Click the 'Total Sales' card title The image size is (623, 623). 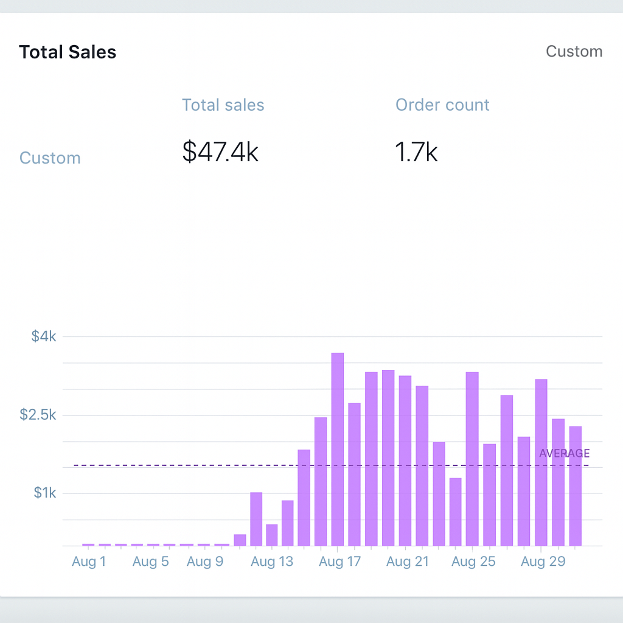point(68,52)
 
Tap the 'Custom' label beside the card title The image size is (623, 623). point(574,51)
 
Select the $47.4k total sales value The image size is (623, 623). point(220,152)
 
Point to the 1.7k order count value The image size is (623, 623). point(416,152)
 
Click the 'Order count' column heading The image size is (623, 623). point(442,105)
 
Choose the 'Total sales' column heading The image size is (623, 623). point(223,105)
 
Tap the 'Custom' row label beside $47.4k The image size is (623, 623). point(50,158)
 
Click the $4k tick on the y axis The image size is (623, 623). point(44,336)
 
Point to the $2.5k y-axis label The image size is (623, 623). point(38,415)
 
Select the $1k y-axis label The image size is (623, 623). point(44,493)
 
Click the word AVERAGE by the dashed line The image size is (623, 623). point(564,453)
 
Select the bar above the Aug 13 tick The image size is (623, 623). point(272,535)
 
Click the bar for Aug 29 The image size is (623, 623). point(541,462)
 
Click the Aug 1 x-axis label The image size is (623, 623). point(89,562)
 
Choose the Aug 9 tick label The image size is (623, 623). point(205,562)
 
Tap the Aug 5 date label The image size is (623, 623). point(150,562)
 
